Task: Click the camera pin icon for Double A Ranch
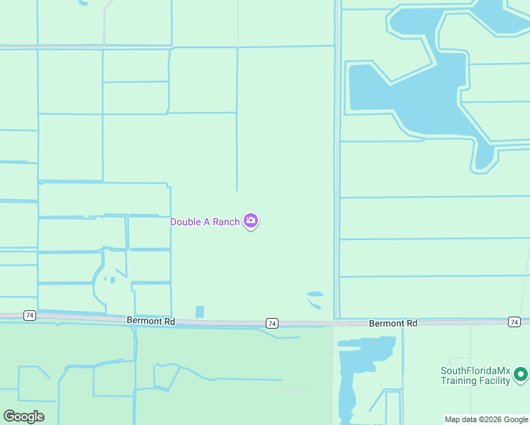(251, 221)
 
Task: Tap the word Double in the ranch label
(185, 222)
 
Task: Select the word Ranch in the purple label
(226, 222)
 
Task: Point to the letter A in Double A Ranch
(207, 222)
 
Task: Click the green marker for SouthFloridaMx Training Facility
(521, 373)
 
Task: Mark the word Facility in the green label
(496, 380)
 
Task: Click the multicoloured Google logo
(23, 416)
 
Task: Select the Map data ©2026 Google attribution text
(486, 419)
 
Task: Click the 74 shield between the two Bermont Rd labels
(272, 323)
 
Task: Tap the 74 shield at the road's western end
(29, 314)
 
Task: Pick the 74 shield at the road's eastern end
(514, 322)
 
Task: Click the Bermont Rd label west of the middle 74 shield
(151, 321)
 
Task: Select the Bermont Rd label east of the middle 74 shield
(393, 323)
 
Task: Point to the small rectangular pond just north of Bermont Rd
(199, 312)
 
